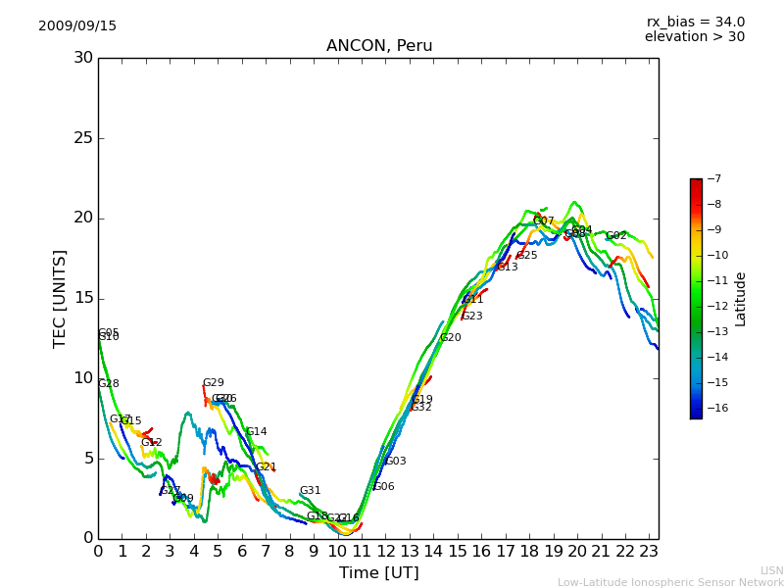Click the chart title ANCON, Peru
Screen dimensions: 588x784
[379, 46]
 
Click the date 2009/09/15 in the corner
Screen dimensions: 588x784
[77, 26]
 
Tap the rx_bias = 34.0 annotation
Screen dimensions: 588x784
[695, 23]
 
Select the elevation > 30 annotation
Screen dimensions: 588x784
[694, 37]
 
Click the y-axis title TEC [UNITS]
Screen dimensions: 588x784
[60, 298]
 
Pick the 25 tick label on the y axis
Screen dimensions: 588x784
[83, 138]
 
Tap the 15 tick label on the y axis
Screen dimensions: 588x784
[83, 298]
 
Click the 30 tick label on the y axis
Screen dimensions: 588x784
[83, 58]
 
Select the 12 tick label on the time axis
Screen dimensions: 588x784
[385, 552]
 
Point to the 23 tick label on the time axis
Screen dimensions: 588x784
[649, 552]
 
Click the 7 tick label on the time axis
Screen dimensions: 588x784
[266, 552]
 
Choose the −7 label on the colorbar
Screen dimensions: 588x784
[712, 179]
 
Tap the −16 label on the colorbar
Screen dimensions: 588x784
[715, 408]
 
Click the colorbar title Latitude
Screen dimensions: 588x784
[741, 299]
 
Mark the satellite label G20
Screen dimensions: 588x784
[450, 338]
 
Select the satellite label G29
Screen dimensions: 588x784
[213, 383]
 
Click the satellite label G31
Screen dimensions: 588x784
[310, 491]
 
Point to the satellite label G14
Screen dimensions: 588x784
[256, 432]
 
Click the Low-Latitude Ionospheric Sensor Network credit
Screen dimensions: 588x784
[670, 583]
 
